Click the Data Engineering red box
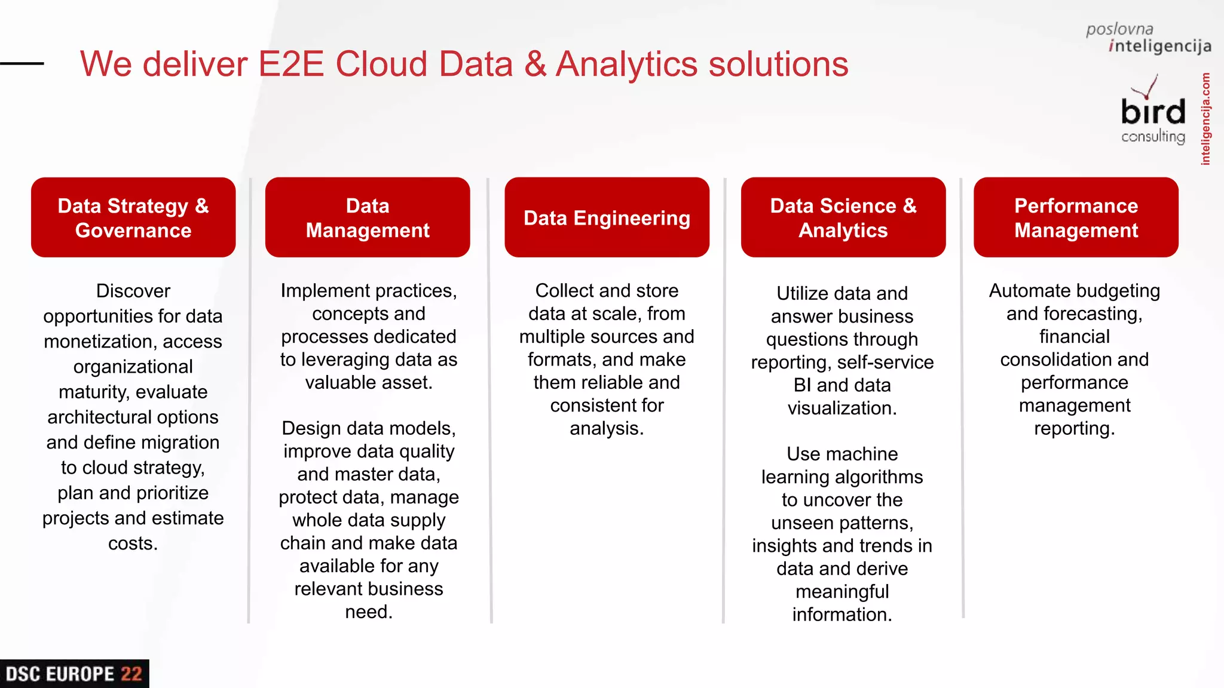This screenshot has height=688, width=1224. pos(607,217)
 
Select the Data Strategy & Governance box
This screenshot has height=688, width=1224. pos(133,217)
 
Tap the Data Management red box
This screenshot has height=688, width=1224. pos(368,217)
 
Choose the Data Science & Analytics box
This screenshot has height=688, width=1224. pos(843,217)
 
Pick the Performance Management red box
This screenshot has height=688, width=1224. pos(1076,217)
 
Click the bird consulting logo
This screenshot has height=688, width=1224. pos(1152,113)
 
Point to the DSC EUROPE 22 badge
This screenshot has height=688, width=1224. pos(74,674)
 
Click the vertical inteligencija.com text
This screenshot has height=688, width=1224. pos(1205,119)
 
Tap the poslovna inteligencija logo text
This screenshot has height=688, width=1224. pos(1147,38)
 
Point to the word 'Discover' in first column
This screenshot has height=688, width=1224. pos(133,291)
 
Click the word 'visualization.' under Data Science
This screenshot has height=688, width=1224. pos(842,408)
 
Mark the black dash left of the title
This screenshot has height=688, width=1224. pos(22,63)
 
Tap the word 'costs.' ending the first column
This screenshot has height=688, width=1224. pos(133,543)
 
